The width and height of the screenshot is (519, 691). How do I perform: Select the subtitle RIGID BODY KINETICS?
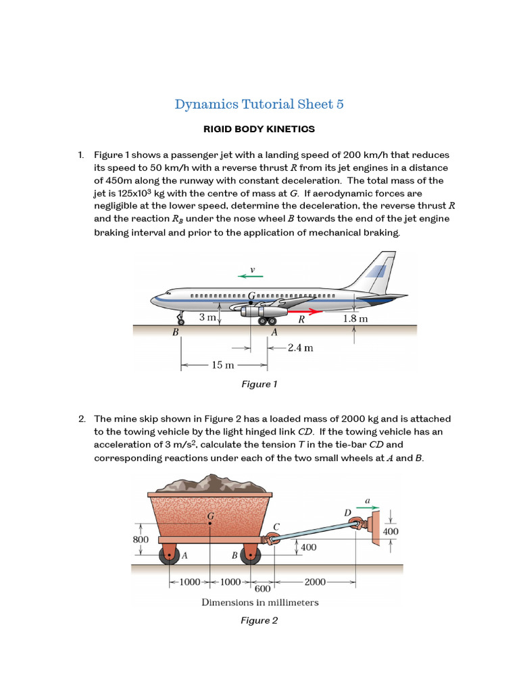click(259, 129)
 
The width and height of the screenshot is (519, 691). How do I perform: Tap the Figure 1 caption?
click(259, 384)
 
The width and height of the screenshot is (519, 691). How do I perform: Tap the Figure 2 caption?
click(259, 620)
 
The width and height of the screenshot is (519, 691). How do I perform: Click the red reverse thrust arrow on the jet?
click(304, 311)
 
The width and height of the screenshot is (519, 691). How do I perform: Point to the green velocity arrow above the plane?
click(250, 276)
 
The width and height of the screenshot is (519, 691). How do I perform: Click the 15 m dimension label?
click(222, 365)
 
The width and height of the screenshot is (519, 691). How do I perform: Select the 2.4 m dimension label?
click(300, 348)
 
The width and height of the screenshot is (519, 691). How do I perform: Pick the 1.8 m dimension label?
click(355, 319)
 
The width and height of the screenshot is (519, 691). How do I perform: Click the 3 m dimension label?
click(207, 317)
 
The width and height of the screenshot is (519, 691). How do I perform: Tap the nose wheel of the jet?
click(179, 319)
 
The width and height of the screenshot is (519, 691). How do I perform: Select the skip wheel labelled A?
click(167, 556)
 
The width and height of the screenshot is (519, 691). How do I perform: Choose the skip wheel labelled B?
click(251, 556)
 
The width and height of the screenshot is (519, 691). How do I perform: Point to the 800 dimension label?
click(140, 539)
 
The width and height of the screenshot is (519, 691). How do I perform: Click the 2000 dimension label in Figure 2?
click(316, 582)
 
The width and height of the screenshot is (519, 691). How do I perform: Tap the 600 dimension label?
click(262, 588)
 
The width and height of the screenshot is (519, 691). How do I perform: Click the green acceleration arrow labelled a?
click(368, 509)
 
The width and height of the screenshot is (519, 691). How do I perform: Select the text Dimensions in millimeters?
click(259, 602)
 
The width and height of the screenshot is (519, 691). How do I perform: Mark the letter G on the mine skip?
click(211, 516)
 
